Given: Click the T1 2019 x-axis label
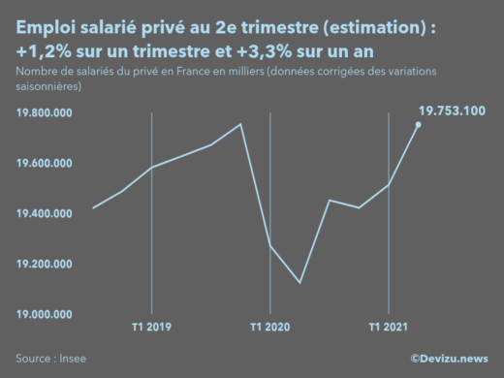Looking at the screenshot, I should pyautogui.click(x=151, y=327).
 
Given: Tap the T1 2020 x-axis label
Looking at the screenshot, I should pyautogui.click(x=269, y=327).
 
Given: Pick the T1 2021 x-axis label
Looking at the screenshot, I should pyautogui.click(x=388, y=327).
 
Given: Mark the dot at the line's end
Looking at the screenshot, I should pyautogui.click(x=418, y=124).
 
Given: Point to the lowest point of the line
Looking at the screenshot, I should pyautogui.click(x=299, y=283).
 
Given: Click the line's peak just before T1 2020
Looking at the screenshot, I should pyautogui.click(x=240, y=124).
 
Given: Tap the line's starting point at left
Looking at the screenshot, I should pyautogui.click(x=93, y=207).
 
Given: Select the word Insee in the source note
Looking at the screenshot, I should pyautogui.click(x=72, y=357).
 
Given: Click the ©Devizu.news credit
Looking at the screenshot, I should pyautogui.click(x=449, y=357).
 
